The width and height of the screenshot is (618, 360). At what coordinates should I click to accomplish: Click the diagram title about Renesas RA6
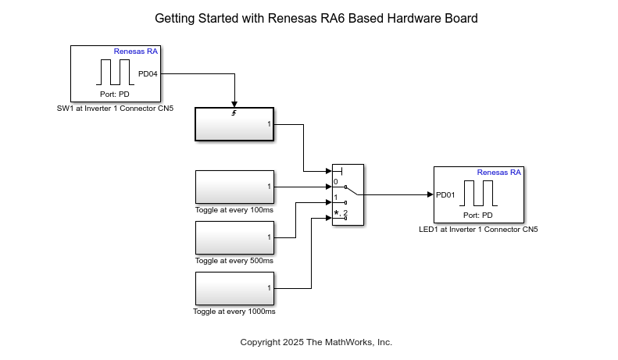pos(316,18)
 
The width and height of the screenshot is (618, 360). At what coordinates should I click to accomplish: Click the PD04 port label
pos(148,74)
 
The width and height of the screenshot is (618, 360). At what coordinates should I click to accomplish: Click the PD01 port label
pos(445,195)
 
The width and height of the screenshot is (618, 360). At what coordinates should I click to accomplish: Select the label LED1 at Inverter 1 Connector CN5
pos(478,230)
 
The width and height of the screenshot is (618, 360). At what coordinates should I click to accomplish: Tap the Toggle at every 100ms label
pos(234,210)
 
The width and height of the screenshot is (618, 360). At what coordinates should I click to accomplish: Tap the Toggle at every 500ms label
pos(234,261)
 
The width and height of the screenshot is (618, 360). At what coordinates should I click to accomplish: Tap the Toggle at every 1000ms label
pos(234,312)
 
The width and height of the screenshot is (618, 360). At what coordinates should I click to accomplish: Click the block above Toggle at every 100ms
pos(234,187)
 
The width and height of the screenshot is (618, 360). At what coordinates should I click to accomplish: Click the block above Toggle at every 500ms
pos(234,237)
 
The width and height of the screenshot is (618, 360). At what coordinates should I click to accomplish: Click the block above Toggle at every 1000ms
pos(234,288)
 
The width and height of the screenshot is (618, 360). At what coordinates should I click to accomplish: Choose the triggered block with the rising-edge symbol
pos(234,124)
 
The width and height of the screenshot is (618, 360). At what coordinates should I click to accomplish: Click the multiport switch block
pos(348,195)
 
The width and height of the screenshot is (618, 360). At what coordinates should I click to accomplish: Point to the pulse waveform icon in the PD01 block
pos(478,193)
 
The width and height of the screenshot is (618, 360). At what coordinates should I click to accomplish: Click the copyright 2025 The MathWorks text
pos(316,342)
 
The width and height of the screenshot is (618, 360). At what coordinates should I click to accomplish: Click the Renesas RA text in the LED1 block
pos(498,173)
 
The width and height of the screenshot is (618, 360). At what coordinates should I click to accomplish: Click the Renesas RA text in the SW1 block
pos(135,52)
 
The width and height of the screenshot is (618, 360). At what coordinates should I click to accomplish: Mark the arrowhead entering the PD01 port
pos(430,194)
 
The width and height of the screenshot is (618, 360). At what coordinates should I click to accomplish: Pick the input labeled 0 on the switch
pos(336,182)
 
